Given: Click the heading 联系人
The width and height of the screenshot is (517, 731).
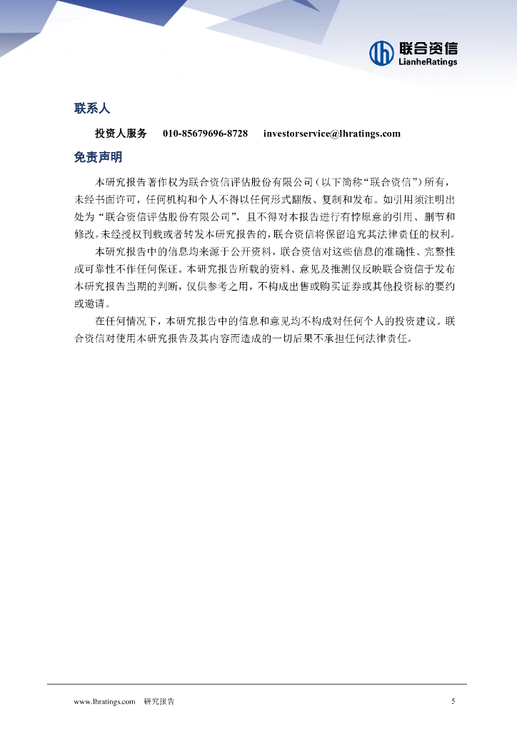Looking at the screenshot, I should click(92, 109).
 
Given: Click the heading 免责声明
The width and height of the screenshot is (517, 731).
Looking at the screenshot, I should click(98, 157).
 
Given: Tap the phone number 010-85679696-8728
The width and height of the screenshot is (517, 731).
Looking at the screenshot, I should click(205, 133).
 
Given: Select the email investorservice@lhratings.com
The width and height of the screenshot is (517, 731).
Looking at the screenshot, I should click(331, 133).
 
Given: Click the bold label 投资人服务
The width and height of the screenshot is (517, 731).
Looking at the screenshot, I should click(121, 133).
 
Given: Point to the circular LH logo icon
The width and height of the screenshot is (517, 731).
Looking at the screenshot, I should click(381, 52).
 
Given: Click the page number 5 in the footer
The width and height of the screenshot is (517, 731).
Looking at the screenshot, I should click(453, 701).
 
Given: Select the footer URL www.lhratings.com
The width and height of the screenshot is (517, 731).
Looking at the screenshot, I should click(105, 702).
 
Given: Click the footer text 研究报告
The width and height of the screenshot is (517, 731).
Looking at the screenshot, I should click(159, 702).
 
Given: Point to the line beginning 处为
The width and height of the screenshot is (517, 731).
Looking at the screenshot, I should click(264, 216).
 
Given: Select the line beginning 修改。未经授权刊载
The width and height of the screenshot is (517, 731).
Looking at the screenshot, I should click(264, 234).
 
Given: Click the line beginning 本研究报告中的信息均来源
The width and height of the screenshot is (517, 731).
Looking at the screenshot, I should click(275, 251).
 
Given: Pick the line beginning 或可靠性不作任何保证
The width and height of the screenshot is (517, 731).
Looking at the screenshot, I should click(264, 269).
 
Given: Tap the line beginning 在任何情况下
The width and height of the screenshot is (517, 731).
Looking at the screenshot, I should click(275, 321).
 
